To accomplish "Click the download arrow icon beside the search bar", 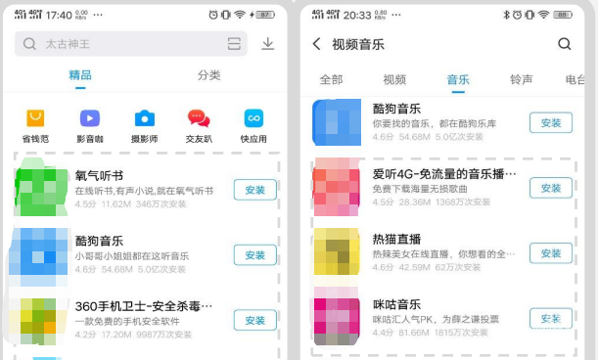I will pyautogui.click(x=267, y=44).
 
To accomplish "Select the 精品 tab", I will pyautogui.click(x=81, y=75).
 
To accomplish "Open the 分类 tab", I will pyautogui.click(x=208, y=75).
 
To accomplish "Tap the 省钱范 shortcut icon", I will pyautogui.click(x=35, y=118).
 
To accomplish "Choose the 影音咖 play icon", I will pyautogui.click(x=89, y=118).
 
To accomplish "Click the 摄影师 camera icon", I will pyautogui.click(x=144, y=118).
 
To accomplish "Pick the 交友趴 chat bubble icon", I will pyautogui.click(x=199, y=118).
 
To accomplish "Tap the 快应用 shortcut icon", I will pyautogui.click(x=253, y=118).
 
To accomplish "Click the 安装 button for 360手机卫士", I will pyautogui.click(x=254, y=320).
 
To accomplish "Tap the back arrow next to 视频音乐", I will pyautogui.click(x=316, y=44).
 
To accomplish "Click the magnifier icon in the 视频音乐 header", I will pyautogui.click(x=564, y=44).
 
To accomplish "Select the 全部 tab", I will pyautogui.click(x=332, y=80).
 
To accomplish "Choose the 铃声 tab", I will pyautogui.click(x=522, y=80).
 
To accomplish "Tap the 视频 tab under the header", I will pyautogui.click(x=394, y=80).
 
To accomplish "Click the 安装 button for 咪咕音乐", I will pyautogui.click(x=550, y=318).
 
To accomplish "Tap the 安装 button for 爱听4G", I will pyautogui.click(x=550, y=188).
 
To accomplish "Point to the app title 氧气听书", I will pyautogui.click(x=99, y=176).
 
